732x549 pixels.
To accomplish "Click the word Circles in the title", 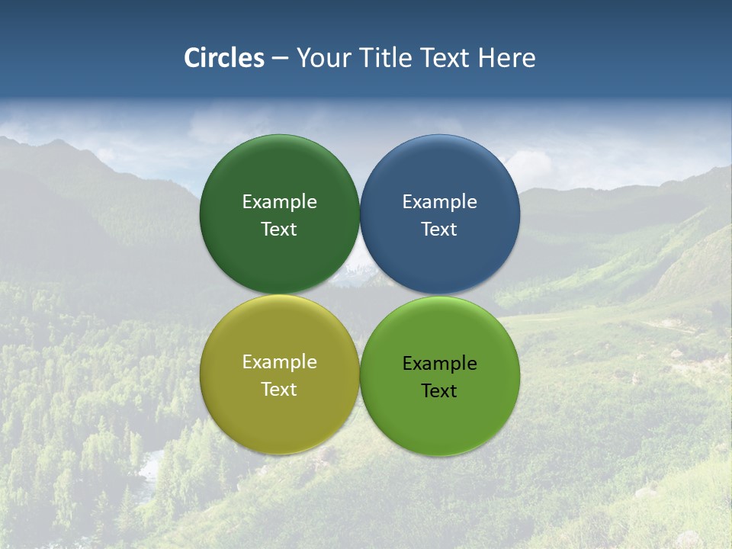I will (x=224, y=58).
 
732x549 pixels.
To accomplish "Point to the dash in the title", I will (x=280, y=59).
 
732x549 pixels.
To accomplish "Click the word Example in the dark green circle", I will (x=279, y=202).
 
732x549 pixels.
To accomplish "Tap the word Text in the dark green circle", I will (x=279, y=230).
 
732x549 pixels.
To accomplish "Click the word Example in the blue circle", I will (x=439, y=202).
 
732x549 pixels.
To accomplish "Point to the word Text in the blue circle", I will (x=439, y=230).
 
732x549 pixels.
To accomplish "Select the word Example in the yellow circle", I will (x=279, y=362).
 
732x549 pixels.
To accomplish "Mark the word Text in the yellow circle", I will (x=279, y=390).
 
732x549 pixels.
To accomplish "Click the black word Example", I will (x=439, y=364).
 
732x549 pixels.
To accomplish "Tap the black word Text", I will (x=439, y=391).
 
